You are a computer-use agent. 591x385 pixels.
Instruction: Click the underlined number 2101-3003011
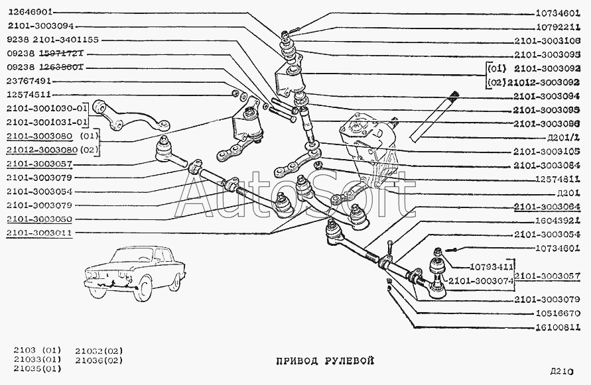point(39,233)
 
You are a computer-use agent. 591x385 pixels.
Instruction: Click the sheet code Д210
point(560,372)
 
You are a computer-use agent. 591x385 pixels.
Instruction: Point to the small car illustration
point(133,273)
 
